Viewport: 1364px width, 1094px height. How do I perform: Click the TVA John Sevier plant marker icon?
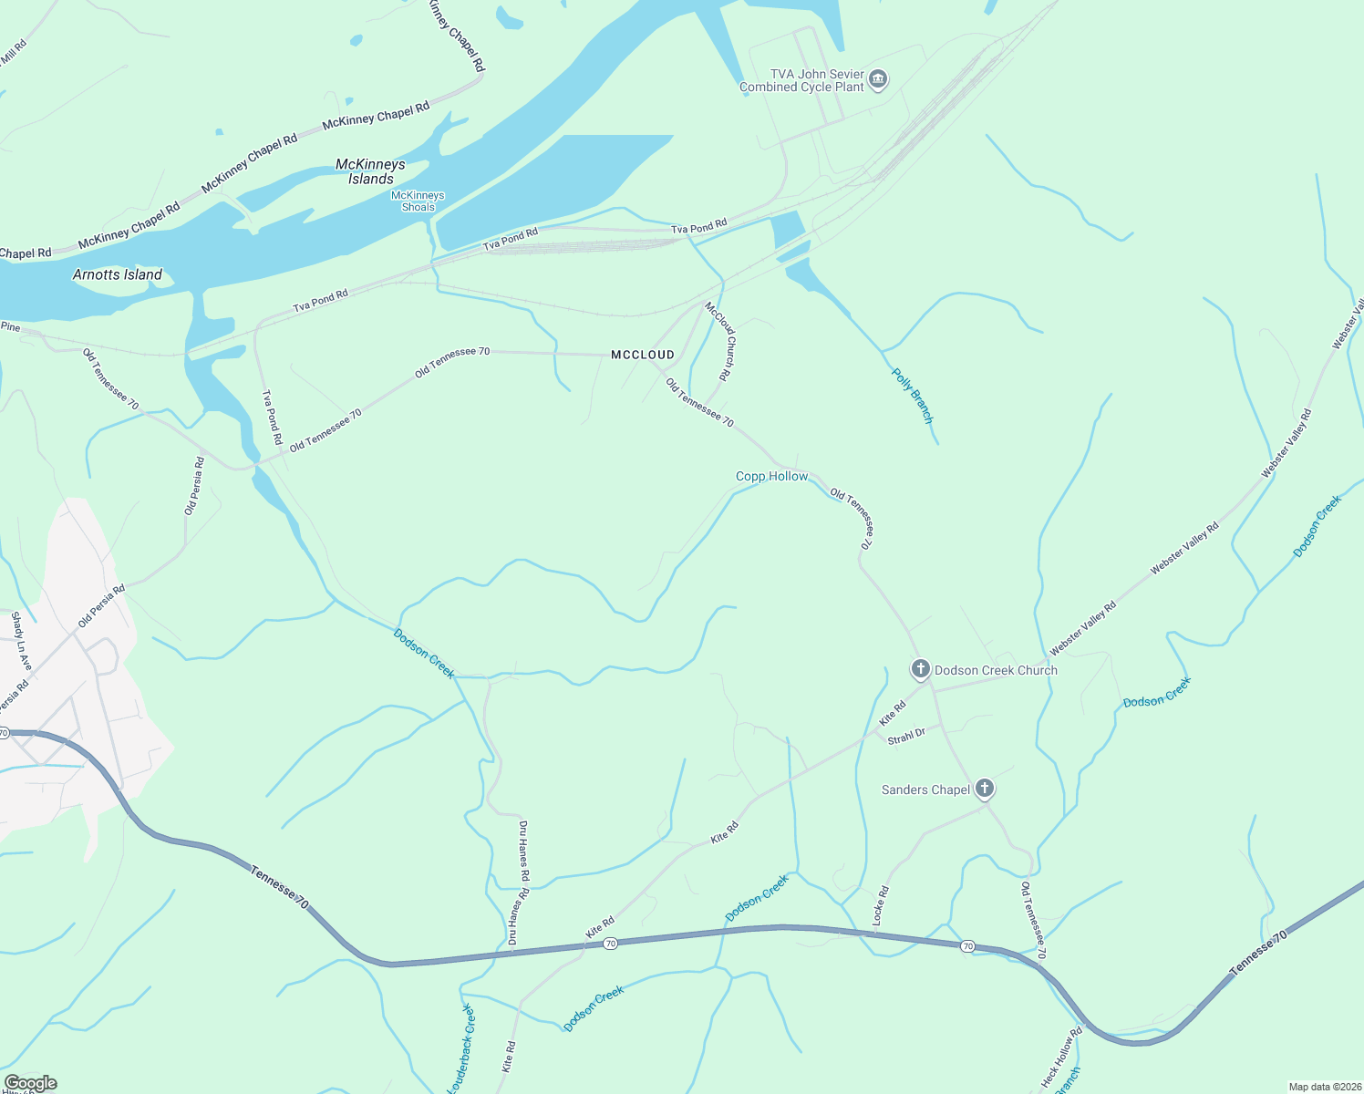(x=878, y=79)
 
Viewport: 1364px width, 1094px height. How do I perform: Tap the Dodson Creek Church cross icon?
(x=920, y=669)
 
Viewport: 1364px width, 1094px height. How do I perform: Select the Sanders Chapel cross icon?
(x=984, y=789)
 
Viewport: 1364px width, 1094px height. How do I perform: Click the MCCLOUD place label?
(x=643, y=355)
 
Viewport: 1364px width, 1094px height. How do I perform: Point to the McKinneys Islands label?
(x=370, y=171)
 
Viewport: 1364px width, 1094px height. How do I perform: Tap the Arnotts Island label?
(x=118, y=274)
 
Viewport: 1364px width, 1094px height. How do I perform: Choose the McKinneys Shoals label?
(x=418, y=201)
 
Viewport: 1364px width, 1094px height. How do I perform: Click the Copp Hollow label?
(x=771, y=476)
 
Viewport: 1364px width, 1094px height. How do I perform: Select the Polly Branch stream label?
(x=913, y=396)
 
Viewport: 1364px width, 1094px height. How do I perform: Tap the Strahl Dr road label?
(x=906, y=737)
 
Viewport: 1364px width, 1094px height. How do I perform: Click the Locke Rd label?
(x=881, y=906)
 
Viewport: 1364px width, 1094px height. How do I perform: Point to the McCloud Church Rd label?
(x=718, y=341)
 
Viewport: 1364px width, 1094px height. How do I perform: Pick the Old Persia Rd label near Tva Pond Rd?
(x=194, y=486)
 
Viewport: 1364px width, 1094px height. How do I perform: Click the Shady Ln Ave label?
(x=21, y=641)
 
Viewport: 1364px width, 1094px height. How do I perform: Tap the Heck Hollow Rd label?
(x=1061, y=1058)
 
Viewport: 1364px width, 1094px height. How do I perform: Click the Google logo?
(x=30, y=1083)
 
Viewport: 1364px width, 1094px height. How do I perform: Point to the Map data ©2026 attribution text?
(x=1323, y=1087)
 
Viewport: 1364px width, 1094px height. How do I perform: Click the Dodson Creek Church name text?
(x=996, y=670)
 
